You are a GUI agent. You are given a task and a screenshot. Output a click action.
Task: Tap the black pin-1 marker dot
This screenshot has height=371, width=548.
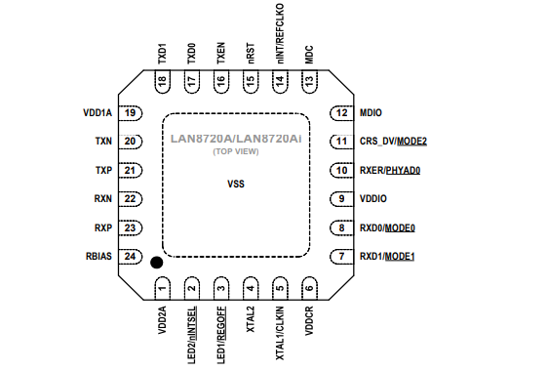(x=154, y=262)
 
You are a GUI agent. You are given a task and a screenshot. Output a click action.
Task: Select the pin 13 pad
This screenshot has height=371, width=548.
(x=309, y=84)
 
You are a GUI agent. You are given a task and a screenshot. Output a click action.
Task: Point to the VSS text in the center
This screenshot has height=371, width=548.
(x=235, y=184)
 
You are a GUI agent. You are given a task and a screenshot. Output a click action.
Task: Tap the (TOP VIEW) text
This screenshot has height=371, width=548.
(x=235, y=153)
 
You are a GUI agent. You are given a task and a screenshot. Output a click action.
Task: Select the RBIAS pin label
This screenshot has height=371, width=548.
(x=100, y=257)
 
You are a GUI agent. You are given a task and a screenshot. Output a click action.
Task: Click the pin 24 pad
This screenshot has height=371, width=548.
(x=130, y=257)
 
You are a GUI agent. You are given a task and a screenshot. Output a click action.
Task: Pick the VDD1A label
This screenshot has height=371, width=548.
(x=99, y=113)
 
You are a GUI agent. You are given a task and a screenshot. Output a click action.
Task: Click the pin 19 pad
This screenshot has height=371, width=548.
(x=130, y=113)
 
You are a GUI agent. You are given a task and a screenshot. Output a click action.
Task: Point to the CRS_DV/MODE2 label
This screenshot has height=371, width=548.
(x=393, y=142)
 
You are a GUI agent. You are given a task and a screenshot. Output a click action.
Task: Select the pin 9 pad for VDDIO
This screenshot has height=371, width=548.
(x=341, y=199)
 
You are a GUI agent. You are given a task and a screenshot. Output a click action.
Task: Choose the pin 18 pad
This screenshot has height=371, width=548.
(x=163, y=84)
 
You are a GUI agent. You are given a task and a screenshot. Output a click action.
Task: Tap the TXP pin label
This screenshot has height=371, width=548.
(x=103, y=170)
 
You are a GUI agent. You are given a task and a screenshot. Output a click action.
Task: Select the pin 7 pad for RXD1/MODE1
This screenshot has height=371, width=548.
(x=341, y=257)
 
